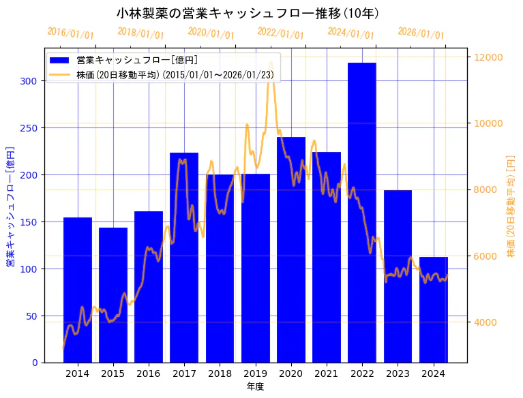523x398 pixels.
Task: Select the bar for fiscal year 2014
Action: pos(78,290)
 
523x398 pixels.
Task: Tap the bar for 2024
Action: pos(433,309)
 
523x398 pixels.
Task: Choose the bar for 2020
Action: pos(290,249)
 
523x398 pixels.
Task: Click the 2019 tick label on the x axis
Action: pos(255,373)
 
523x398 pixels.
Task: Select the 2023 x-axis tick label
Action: pos(398,373)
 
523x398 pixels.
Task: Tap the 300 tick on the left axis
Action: pos(31,80)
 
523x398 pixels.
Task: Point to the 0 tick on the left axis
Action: pos(35,363)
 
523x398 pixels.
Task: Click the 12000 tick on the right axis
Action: pos(489,57)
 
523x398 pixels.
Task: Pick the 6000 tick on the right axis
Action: pos(486,256)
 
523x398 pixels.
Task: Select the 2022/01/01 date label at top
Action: pos(281,33)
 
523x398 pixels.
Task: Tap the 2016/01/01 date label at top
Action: pos(71,33)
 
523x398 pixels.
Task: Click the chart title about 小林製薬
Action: pos(248,13)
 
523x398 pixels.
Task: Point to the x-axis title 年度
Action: pos(255,386)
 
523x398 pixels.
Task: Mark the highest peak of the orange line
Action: pos(271,62)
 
